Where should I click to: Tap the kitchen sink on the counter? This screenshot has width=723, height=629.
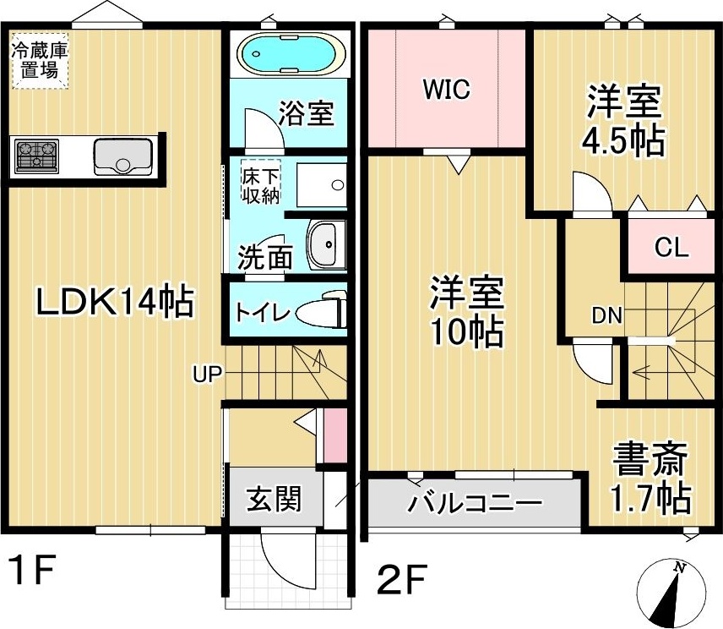122,156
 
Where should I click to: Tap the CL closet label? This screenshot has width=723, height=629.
672,249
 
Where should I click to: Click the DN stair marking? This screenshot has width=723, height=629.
606,317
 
